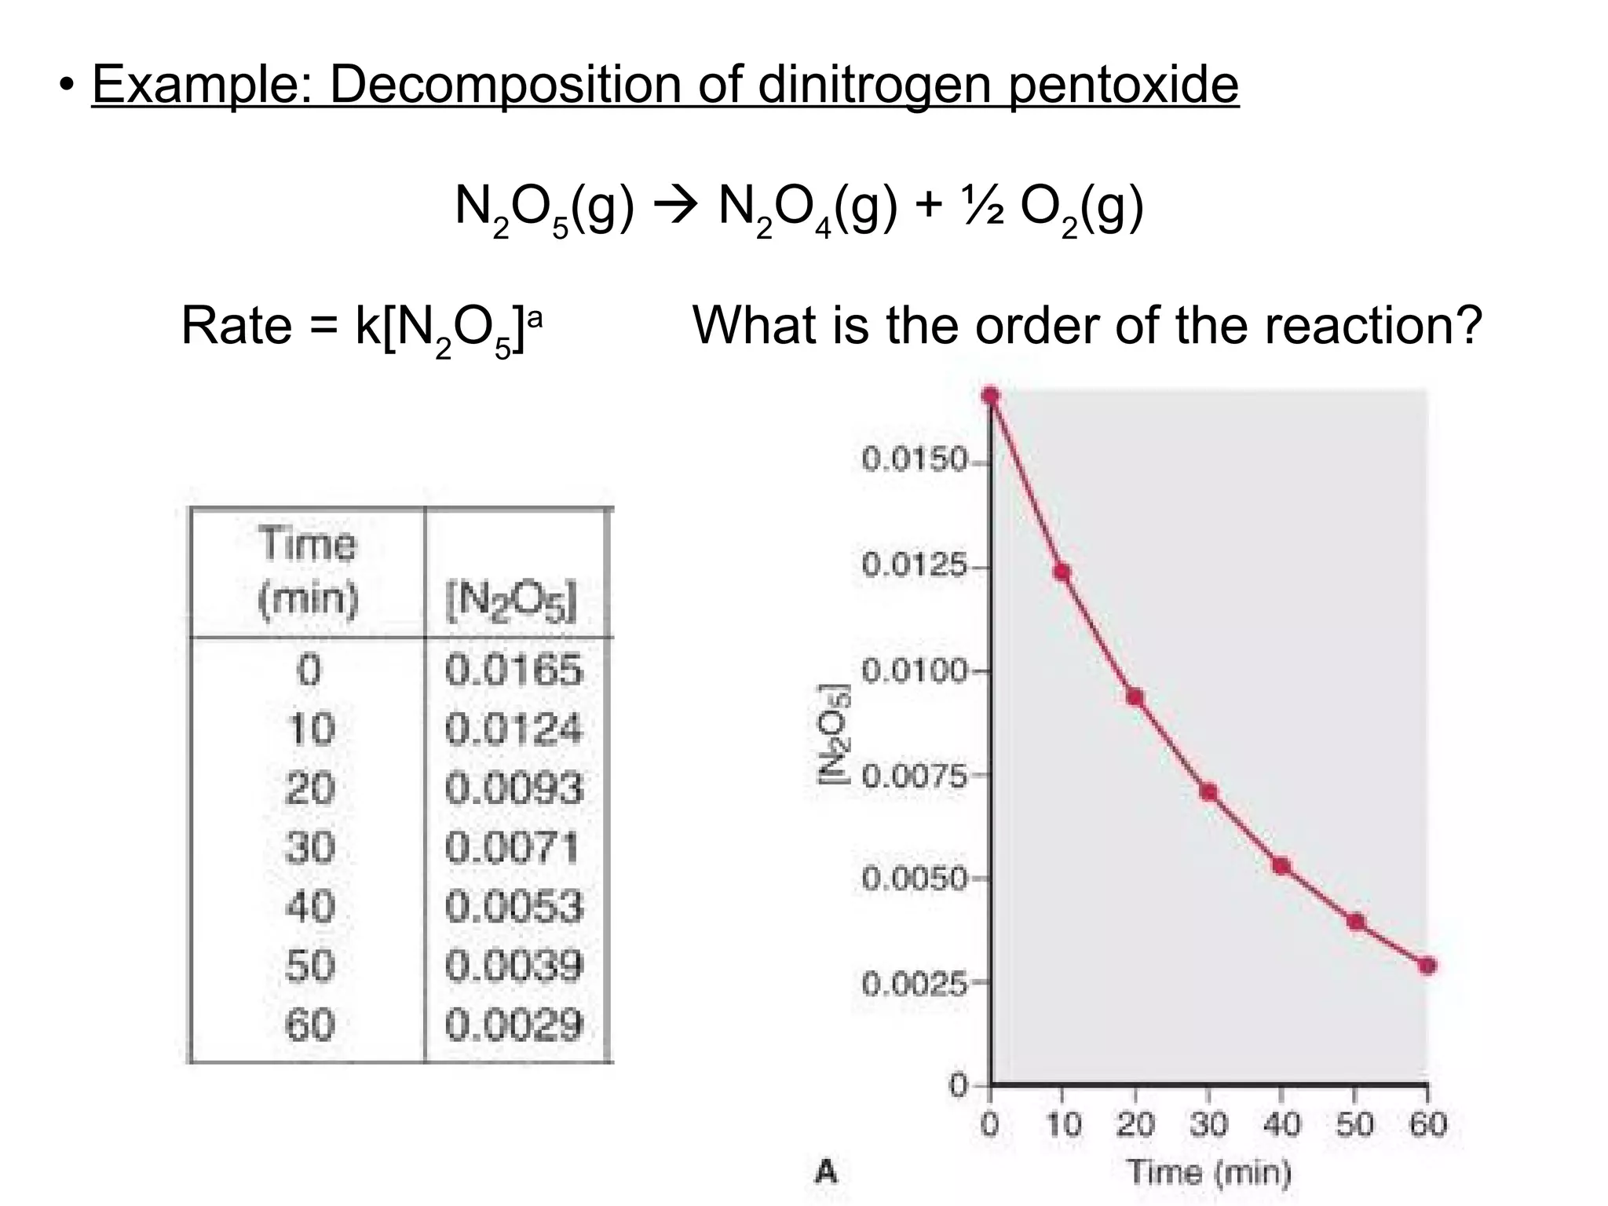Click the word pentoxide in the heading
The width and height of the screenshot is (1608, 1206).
pyautogui.click(x=1123, y=85)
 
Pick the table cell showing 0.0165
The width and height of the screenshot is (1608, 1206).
pyautogui.click(x=514, y=671)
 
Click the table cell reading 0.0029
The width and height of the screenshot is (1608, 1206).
pyautogui.click(x=514, y=1025)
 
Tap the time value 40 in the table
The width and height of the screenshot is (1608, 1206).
pyautogui.click(x=310, y=907)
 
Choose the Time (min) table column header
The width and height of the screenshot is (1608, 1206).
pyautogui.click(x=308, y=572)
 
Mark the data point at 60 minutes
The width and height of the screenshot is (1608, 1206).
pyautogui.click(x=1427, y=966)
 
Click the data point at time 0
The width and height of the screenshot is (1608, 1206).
pyautogui.click(x=991, y=395)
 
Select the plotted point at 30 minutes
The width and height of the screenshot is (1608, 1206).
pyautogui.click(x=1209, y=792)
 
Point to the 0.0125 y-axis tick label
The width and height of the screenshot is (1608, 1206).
pyautogui.click(x=915, y=565)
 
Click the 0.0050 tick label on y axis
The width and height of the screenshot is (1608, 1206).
pyautogui.click(x=915, y=878)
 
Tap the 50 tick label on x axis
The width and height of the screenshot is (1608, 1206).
pyautogui.click(x=1355, y=1125)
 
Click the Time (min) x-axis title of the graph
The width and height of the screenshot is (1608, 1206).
pyautogui.click(x=1209, y=1172)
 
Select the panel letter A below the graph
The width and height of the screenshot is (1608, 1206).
pyautogui.click(x=826, y=1172)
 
